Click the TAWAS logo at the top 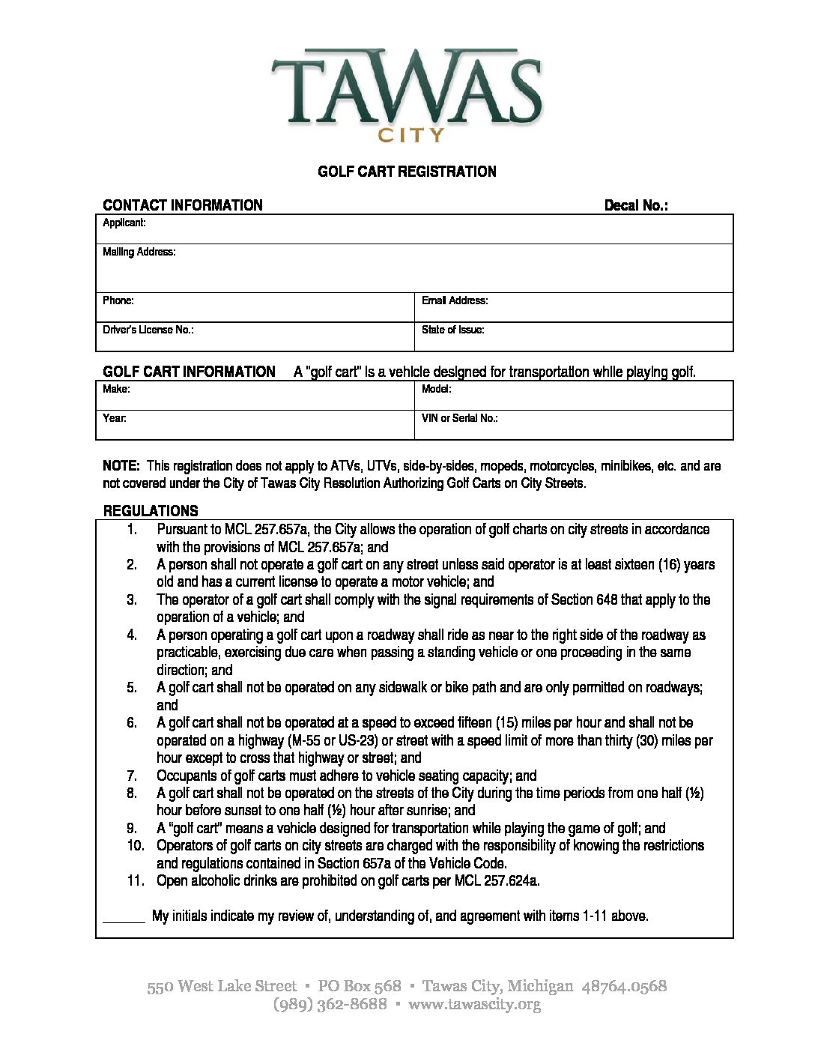[407, 86]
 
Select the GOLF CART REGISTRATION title [407, 172]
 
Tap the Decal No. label [636, 205]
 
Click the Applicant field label [124, 223]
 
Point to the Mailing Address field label [139, 253]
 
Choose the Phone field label [118, 300]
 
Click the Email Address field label [455, 300]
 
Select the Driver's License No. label [148, 330]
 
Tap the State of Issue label [452, 330]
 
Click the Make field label [116, 389]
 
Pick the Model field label [436, 389]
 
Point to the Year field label [115, 418]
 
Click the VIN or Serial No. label [459, 418]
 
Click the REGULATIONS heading [151, 511]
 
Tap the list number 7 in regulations [132, 776]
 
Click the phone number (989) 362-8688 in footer [330, 1004]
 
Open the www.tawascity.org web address [474, 1004]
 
